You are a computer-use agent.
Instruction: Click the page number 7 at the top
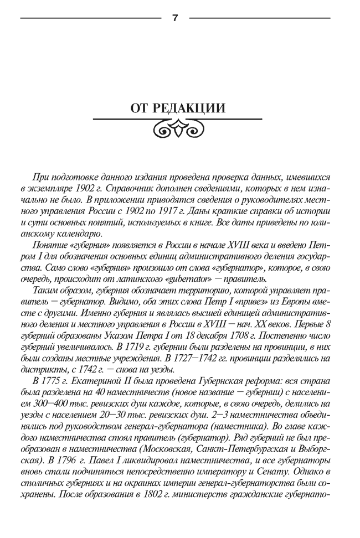[175, 18]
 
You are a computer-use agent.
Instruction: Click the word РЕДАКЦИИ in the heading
[196, 108]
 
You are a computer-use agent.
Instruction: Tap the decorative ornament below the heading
[177, 131]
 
